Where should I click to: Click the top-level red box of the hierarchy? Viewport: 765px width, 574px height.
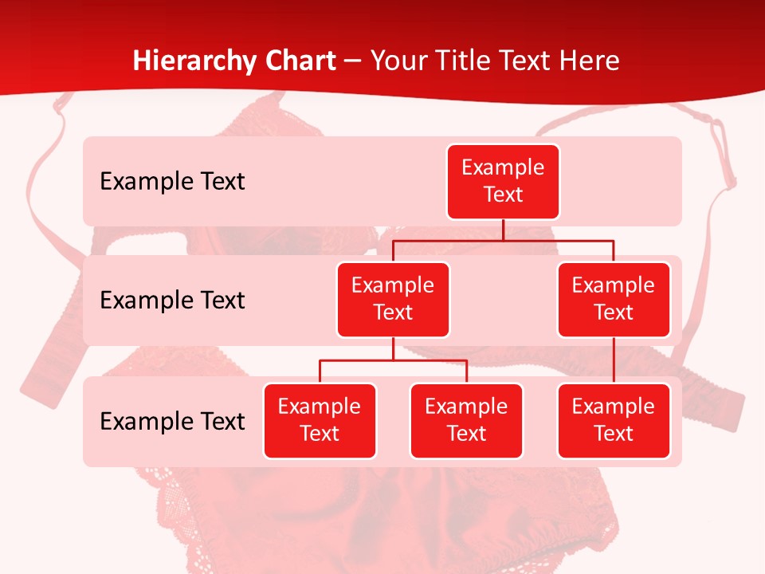tap(503, 181)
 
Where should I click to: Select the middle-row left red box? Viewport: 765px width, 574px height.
tap(393, 299)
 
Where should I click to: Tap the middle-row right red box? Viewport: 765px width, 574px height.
tap(614, 299)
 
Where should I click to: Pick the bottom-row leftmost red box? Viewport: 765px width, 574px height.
tap(320, 420)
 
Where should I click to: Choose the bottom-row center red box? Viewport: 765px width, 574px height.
tap(466, 420)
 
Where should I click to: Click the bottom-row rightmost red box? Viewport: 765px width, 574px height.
tap(614, 420)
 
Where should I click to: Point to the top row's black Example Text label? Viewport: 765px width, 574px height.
tap(172, 181)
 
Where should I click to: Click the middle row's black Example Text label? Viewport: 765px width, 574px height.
tap(172, 300)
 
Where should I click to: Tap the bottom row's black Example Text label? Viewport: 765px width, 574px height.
tap(172, 421)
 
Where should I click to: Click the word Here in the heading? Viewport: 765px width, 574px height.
tap(592, 61)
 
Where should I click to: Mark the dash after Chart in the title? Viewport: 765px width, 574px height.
tap(353, 61)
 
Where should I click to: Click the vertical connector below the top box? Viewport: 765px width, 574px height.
tap(503, 230)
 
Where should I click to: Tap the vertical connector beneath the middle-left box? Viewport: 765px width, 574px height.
tap(393, 348)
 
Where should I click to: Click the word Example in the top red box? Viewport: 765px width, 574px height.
tap(503, 167)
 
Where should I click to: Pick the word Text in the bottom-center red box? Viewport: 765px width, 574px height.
tap(466, 434)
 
